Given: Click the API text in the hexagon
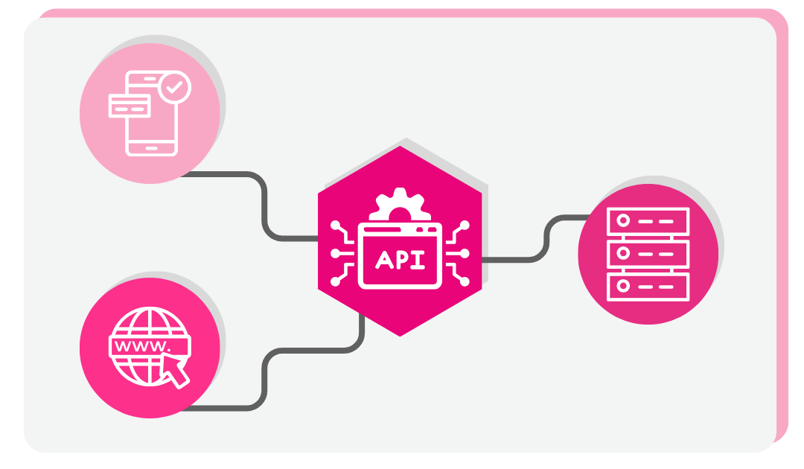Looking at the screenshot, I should coord(401,259).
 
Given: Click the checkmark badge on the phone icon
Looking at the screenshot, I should coord(175,88).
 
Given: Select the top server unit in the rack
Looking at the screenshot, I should coord(648,220).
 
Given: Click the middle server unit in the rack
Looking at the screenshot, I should coord(648,253).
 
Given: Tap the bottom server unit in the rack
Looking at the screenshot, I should coord(648,286).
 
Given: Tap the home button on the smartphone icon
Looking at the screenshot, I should coord(152,147).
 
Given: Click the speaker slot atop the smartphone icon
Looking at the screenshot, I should coord(152,77).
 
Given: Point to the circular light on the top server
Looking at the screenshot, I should coord(623,220).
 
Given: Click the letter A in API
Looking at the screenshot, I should coord(383,259).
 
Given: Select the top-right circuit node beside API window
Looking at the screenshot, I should coord(466,224).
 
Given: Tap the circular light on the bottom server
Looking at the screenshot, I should coord(623,286).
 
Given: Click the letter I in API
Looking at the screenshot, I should coord(420,259).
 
